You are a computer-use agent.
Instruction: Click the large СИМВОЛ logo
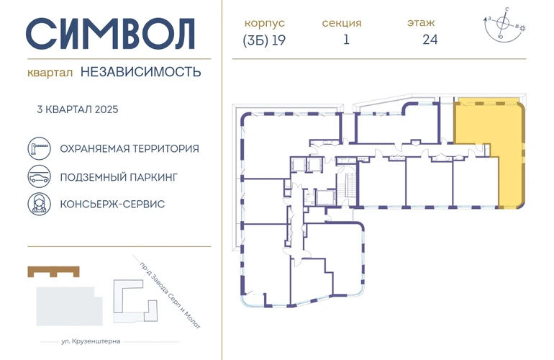click(110, 34)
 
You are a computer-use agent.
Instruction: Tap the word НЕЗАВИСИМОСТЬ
click(140, 72)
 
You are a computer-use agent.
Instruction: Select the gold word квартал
click(50, 73)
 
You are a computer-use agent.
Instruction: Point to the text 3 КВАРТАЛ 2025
click(78, 109)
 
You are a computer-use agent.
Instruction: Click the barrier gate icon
click(40, 148)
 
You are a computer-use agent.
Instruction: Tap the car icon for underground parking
click(40, 176)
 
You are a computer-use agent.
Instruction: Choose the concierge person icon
click(40, 204)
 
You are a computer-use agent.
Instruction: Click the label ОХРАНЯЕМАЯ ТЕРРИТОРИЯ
click(130, 148)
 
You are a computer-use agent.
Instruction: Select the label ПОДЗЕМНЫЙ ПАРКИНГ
click(119, 177)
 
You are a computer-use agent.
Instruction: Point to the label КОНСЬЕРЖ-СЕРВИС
click(112, 204)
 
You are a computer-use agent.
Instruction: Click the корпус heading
click(264, 22)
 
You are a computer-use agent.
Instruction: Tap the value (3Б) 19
click(264, 40)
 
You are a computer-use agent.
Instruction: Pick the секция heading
click(342, 23)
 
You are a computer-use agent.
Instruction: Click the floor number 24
click(430, 40)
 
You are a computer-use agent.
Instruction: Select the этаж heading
click(421, 22)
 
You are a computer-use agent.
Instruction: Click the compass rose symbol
click(503, 24)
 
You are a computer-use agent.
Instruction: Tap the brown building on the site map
click(53, 271)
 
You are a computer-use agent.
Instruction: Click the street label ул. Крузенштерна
click(91, 341)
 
